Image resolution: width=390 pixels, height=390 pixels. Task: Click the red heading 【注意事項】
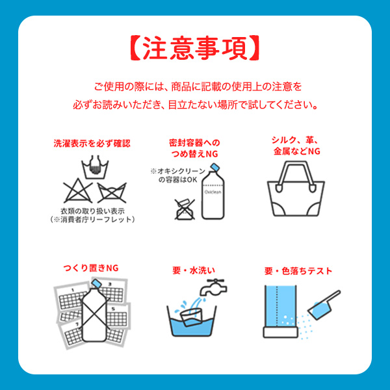coord(195,49)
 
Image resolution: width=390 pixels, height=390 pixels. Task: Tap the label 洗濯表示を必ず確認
coord(92,144)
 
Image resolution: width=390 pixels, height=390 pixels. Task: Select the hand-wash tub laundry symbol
coord(95,168)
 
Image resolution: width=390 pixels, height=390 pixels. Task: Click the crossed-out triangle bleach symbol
coord(78,191)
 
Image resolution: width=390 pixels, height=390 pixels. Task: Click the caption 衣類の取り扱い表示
coord(92,211)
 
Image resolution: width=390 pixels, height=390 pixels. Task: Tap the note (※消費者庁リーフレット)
coord(92,220)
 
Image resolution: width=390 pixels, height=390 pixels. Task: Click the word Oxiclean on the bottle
coord(213,192)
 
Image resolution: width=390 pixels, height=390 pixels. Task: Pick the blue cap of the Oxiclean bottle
coord(214,168)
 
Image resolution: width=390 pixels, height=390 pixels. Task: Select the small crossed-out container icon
coord(185,209)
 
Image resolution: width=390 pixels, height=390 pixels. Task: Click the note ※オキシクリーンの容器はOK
coord(177,175)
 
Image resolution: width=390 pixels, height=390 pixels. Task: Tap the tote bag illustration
coord(296,188)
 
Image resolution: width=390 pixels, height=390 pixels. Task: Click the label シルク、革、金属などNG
coord(296,146)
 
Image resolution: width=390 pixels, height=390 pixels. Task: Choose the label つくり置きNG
coord(91,268)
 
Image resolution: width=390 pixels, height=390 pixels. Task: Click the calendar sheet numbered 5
coord(117,317)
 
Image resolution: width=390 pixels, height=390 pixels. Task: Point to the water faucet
coord(213,287)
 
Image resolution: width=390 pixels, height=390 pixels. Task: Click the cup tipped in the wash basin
coord(191,317)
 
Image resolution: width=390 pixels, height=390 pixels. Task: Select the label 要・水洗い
coord(194,270)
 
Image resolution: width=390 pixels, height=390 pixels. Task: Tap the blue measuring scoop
coord(323,305)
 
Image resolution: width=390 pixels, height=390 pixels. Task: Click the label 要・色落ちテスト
coord(298,271)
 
